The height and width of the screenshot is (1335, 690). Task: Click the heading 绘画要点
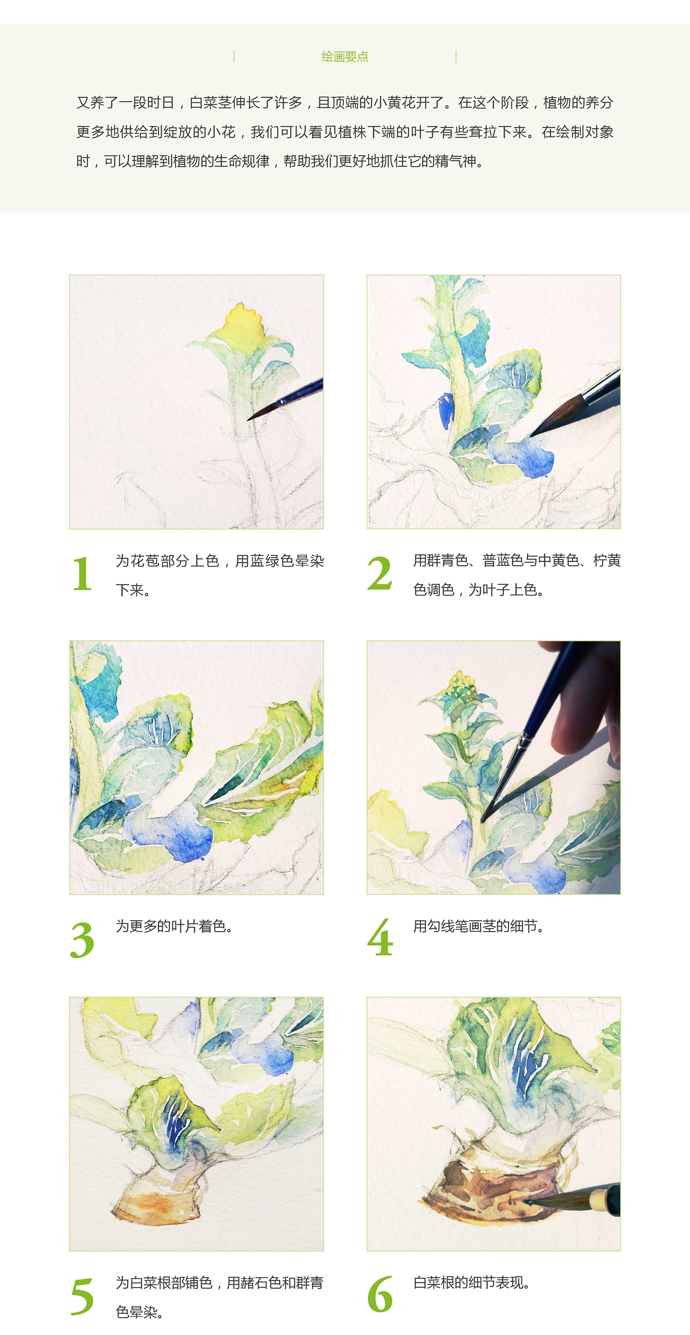[345, 57]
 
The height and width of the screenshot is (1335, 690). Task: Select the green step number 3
[82, 940]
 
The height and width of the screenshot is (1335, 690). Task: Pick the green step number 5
[82, 1297]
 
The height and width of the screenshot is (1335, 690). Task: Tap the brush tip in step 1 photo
[249, 419]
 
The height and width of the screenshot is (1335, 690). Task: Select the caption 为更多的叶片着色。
[175, 926]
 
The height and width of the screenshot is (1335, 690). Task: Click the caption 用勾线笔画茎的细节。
[479, 926]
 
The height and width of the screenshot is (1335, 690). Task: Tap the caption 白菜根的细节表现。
[471, 1283]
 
